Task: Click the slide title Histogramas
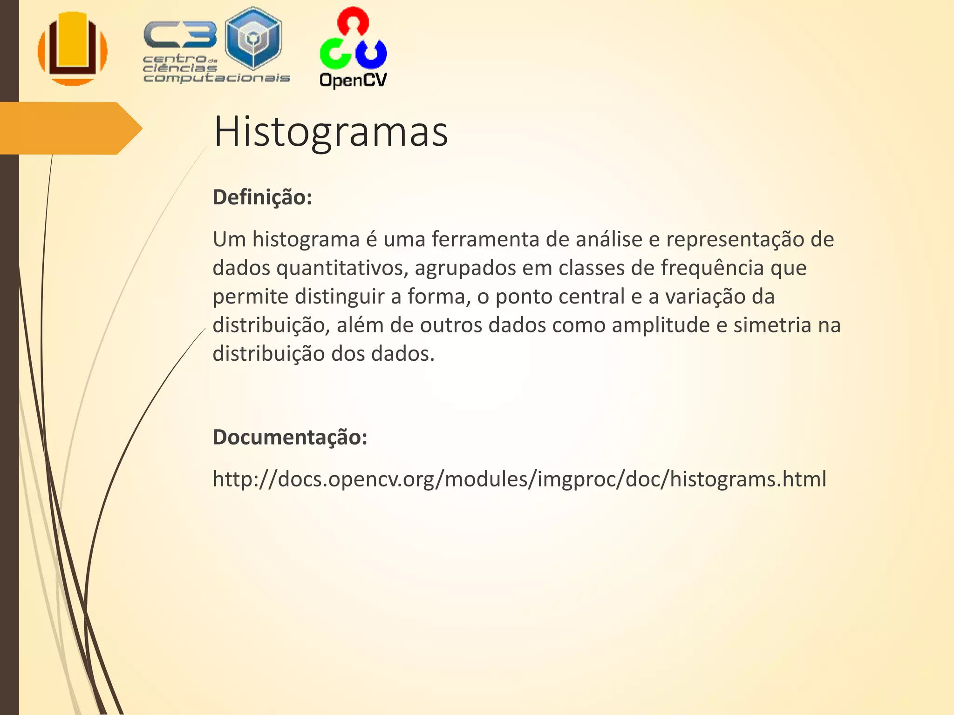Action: coord(330,132)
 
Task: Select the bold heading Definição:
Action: coord(262,197)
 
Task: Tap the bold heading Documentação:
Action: coord(290,437)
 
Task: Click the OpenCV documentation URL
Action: coord(519,479)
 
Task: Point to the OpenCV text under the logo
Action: coord(353,80)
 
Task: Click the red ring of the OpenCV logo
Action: coord(353,20)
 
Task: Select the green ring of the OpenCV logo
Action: coord(334,53)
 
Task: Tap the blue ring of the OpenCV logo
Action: coord(371,53)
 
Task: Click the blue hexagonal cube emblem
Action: coord(253,38)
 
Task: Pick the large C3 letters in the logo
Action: coord(180,35)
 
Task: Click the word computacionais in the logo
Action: coord(217,78)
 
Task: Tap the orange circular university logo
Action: coord(73,48)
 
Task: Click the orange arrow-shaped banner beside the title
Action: coord(70,128)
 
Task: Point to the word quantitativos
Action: coord(342,268)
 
